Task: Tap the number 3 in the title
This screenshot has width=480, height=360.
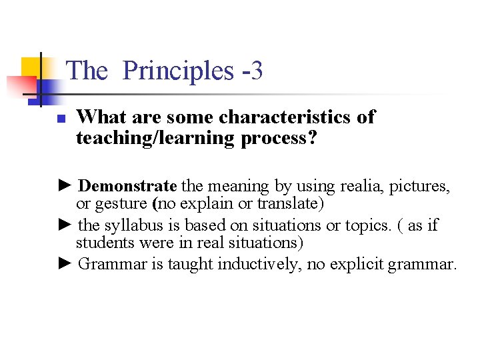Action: [257, 71]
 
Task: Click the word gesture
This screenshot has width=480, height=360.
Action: [122, 203]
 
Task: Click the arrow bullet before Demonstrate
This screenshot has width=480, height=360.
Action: [65, 185]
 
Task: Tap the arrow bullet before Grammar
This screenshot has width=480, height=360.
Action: [65, 264]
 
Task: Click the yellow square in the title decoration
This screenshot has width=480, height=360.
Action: [31, 67]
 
